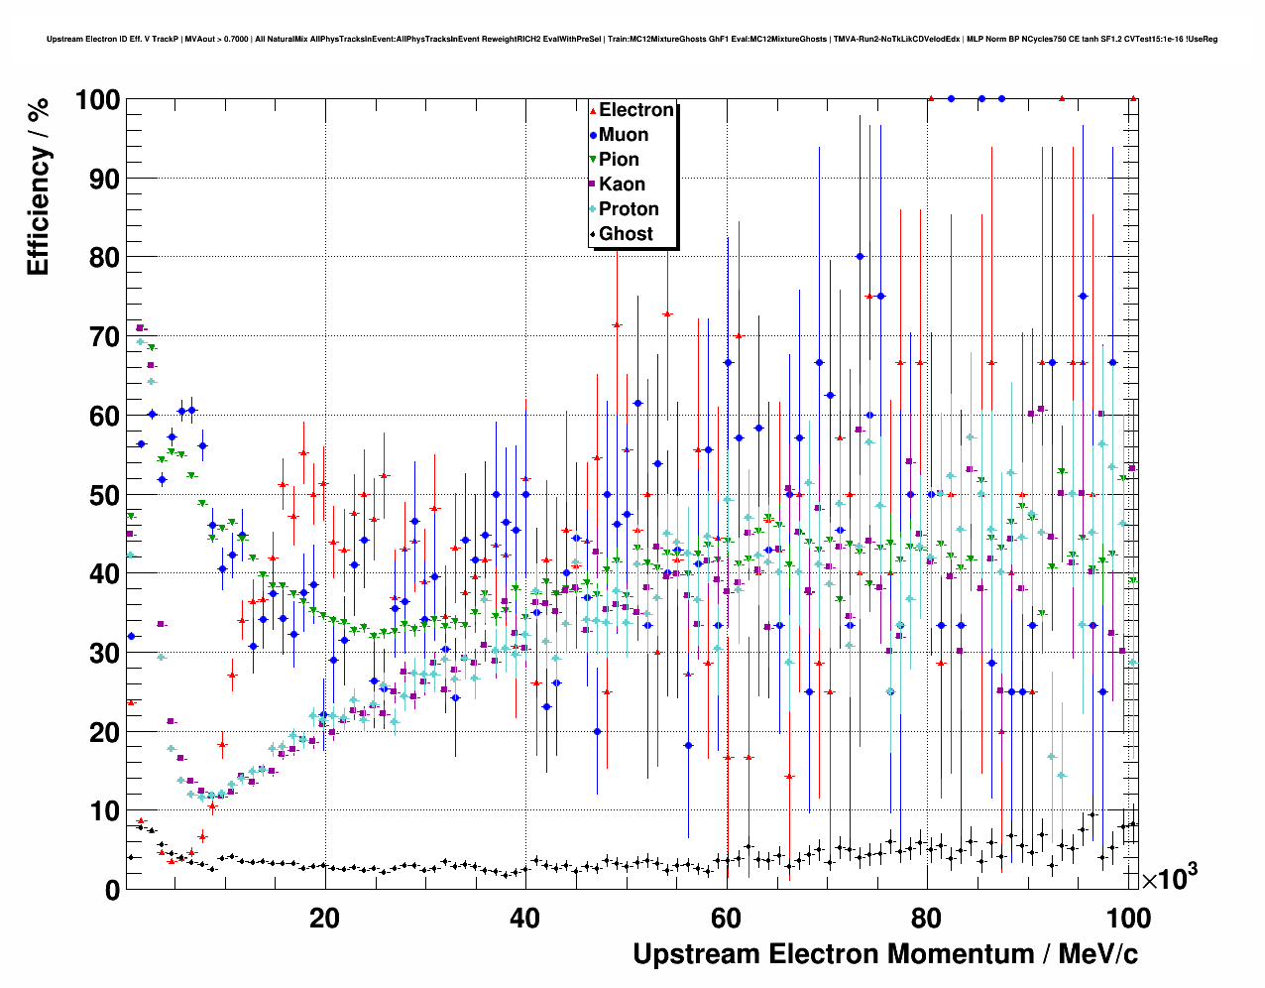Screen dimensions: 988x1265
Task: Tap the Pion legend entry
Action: point(619,160)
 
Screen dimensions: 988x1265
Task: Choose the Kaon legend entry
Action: point(622,185)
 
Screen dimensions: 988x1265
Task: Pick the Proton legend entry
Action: point(629,209)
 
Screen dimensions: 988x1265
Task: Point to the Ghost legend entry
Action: point(626,234)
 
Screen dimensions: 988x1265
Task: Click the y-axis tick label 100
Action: point(97,100)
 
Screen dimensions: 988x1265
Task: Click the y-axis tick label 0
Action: point(112,891)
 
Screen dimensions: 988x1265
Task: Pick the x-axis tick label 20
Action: point(324,919)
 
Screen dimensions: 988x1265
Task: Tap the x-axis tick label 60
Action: point(727,919)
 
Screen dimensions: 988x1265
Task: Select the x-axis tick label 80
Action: point(928,919)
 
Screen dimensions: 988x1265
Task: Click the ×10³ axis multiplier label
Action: point(1169,877)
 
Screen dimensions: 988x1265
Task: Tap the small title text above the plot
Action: point(632,40)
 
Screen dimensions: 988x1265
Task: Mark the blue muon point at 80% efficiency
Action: point(860,256)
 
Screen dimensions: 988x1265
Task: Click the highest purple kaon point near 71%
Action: point(140,327)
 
